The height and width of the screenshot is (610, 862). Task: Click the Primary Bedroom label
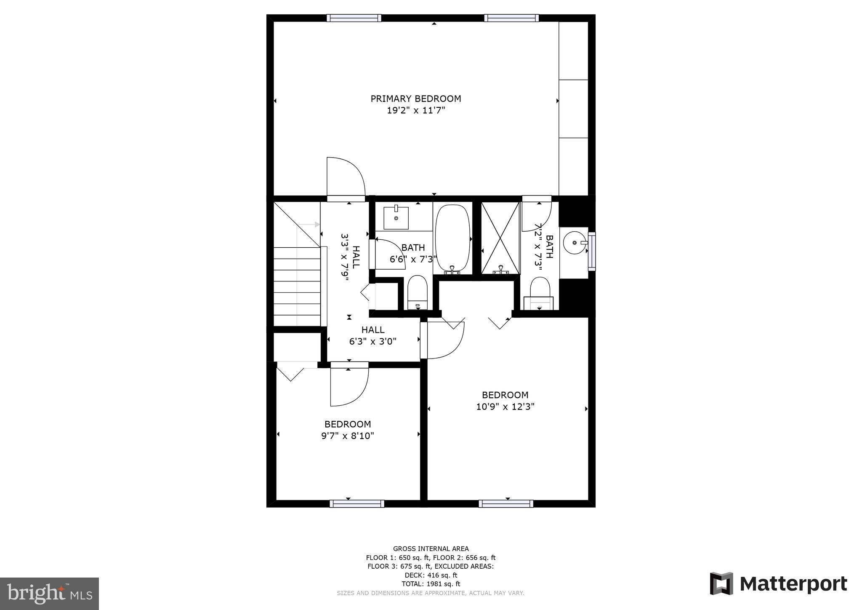click(x=415, y=99)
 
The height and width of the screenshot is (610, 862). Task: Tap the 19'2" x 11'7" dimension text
click(x=416, y=111)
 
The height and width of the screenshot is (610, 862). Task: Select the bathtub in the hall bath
click(x=452, y=238)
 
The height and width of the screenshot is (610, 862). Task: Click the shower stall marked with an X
click(x=500, y=238)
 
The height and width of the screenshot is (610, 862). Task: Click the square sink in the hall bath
click(x=396, y=218)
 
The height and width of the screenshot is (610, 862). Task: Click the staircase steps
click(x=297, y=286)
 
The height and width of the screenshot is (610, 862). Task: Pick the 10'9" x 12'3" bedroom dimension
click(x=505, y=407)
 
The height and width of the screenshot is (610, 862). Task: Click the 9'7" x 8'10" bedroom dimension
click(x=348, y=436)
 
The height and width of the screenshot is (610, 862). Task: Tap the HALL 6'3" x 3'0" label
click(x=373, y=336)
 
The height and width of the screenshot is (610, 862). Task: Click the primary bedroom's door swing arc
click(x=346, y=177)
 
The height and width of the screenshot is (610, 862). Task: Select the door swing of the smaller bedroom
click(x=349, y=385)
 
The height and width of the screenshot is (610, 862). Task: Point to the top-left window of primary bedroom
click(x=354, y=18)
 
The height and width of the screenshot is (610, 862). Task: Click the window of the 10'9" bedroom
click(x=506, y=503)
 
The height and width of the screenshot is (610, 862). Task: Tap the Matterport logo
click(x=778, y=584)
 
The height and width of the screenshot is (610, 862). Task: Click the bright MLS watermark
click(x=49, y=594)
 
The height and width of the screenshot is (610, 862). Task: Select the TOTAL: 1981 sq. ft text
click(x=431, y=584)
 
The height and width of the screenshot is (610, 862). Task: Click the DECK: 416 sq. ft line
click(x=431, y=575)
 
